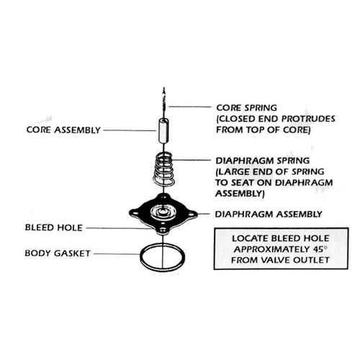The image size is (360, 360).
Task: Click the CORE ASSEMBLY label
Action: (63, 130)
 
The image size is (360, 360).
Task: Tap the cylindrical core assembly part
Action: (163, 131)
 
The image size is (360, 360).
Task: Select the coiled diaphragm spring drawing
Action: (163, 169)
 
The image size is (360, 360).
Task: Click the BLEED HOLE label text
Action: (54, 228)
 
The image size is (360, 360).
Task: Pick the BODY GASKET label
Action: (58, 253)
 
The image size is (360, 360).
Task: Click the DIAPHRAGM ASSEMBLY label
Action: (269, 214)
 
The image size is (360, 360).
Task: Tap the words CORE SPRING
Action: (246, 108)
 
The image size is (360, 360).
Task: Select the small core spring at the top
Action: (163, 102)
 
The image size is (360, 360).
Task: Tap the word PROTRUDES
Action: (308, 119)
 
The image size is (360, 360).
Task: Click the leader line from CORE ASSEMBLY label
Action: (130, 130)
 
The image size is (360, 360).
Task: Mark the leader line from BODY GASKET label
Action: (117, 253)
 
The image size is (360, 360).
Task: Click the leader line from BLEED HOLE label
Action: (120, 228)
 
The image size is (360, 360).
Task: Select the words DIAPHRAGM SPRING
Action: (263, 161)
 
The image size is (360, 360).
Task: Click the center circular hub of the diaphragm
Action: (163, 212)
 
